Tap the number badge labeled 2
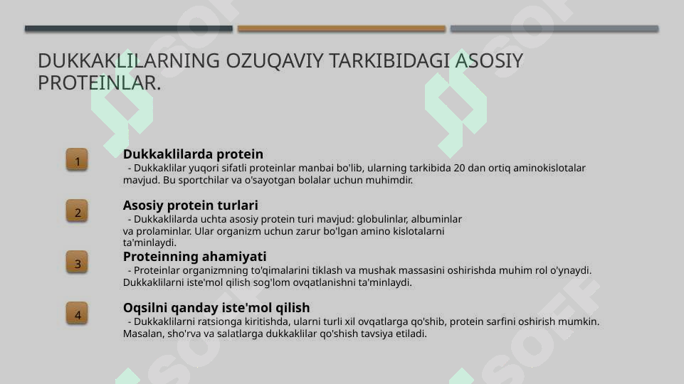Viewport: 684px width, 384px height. point(77,211)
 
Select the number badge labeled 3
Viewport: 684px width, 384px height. point(77,262)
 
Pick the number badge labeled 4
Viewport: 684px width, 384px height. point(77,314)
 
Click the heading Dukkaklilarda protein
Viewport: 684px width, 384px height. point(193,154)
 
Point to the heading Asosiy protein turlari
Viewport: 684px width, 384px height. point(190,206)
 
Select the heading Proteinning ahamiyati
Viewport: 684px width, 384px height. point(194,257)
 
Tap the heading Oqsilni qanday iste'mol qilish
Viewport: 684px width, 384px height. point(216,308)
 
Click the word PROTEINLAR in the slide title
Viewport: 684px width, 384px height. point(97,83)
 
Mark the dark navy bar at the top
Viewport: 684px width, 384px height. point(128,28)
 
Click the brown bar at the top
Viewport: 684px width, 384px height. point(341,28)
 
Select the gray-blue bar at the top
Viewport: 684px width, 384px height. point(554,28)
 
